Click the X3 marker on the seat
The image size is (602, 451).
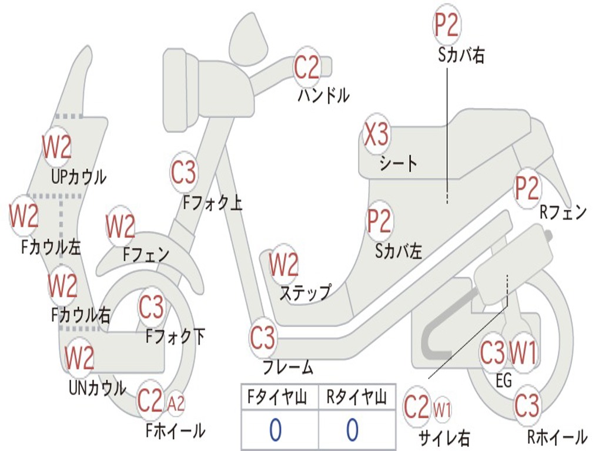point(376,134)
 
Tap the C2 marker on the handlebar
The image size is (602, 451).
point(306,67)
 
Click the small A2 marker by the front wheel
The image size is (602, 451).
point(176,403)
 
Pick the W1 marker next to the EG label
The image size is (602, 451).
point(523,352)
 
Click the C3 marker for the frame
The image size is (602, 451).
point(263,338)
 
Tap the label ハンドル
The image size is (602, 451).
point(324,95)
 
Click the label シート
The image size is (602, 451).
point(398,164)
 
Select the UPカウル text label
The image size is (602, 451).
point(78,177)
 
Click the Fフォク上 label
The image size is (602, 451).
point(212,203)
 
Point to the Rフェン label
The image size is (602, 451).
point(563,212)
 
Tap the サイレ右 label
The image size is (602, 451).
point(444,437)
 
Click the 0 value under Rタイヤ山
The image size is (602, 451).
point(353,429)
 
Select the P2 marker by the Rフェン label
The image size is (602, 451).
point(527,188)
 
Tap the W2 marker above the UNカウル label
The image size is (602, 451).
point(79,357)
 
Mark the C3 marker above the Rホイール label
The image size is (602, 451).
point(526,405)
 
